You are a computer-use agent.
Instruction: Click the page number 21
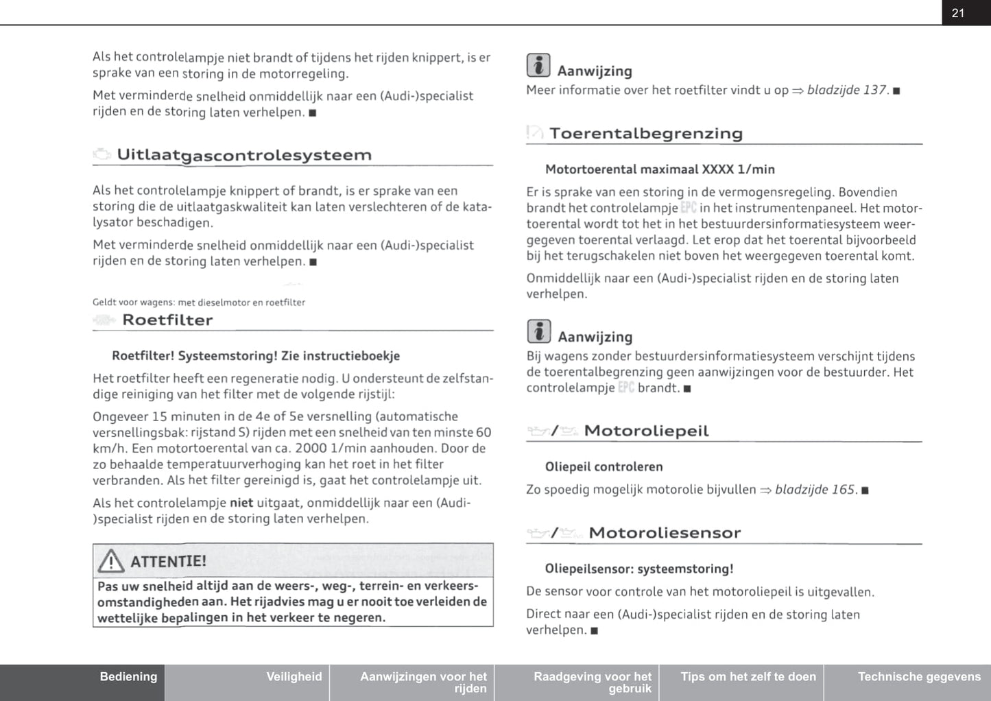click(x=958, y=13)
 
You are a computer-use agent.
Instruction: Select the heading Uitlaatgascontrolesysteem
click(x=244, y=155)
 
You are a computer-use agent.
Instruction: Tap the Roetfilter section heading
click(x=167, y=320)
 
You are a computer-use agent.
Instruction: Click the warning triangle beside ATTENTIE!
click(x=110, y=562)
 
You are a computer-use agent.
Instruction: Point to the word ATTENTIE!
click(x=168, y=562)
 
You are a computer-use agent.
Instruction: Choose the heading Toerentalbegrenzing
click(x=645, y=134)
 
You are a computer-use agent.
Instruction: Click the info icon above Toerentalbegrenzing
click(x=538, y=66)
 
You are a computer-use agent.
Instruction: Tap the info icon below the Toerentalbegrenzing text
click(x=538, y=332)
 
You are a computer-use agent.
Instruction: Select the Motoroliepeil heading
click(x=646, y=431)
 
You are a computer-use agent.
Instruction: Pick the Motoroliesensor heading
click(x=664, y=533)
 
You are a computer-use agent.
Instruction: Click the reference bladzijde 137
click(x=847, y=90)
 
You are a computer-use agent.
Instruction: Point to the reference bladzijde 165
click(x=815, y=490)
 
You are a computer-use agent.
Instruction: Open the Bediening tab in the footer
click(x=128, y=677)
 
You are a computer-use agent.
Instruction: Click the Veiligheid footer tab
click(x=294, y=677)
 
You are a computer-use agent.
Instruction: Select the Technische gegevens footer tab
click(x=919, y=677)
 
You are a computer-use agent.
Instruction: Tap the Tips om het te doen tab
click(x=748, y=677)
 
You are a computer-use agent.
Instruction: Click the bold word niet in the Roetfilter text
click(x=241, y=503)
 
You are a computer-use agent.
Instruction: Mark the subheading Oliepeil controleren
click(x=604, y=467)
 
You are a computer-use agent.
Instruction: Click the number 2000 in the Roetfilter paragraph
click(x=310, y=449)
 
